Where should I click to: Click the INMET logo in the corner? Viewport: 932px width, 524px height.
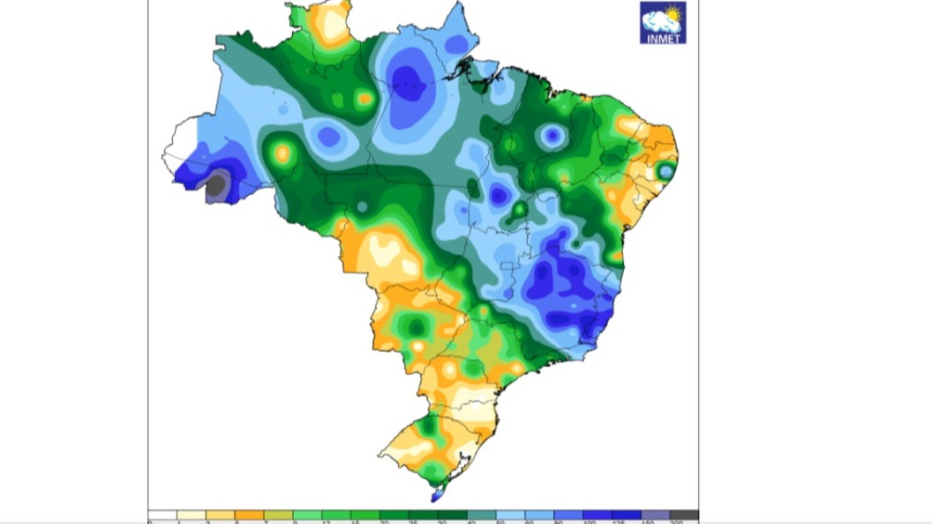click(662, 22)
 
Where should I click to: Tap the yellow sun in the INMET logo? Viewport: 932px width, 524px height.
click(673, 15)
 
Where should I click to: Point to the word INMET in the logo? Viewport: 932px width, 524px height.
click(662, 37)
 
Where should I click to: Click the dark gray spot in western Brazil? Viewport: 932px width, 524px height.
click(216, 184)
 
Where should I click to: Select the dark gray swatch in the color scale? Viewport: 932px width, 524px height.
click(684, 515)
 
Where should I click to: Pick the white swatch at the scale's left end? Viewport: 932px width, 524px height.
click(162, 515)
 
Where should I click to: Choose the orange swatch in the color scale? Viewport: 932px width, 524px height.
click(250, 515)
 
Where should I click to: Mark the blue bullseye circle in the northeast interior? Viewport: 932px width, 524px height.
click(552, 136)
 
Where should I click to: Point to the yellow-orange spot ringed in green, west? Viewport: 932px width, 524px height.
click(282, 153)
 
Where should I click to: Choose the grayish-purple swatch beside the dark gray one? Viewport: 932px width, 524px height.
click(655, 515)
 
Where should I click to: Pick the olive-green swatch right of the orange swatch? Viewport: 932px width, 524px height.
click(279, 515)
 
